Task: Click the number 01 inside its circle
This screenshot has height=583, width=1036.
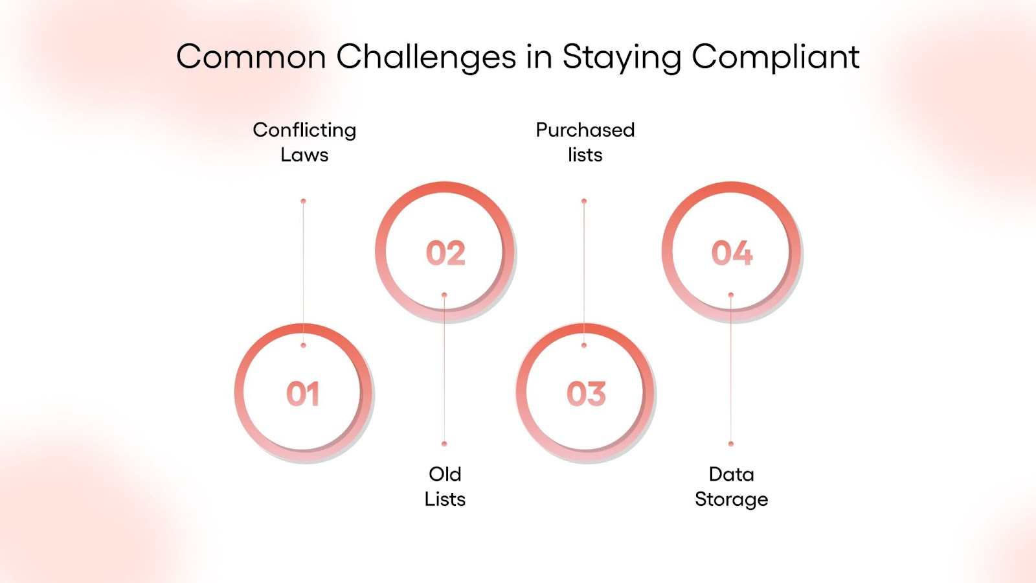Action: pyautogui.click(x=303, y=394)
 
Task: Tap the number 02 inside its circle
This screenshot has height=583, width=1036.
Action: pyautogui.click(x=445, y=253)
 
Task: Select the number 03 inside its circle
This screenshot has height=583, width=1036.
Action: pyautogui.click(x=586, y=394)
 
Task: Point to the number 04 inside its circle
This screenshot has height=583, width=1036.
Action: pyautogui.click(x=732, y=253)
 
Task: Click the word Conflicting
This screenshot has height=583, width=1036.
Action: pyautogui.click(x=304, y=130)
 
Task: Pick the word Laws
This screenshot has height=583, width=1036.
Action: pyautogui.click(x=304, y=155)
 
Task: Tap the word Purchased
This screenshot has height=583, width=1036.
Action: pyautogui.click(x=585, y=130)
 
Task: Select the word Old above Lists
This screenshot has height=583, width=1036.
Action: pyautogui.click(x=445, y=474)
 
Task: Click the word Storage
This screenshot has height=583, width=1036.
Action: pyautogui.click(x=731, y=499)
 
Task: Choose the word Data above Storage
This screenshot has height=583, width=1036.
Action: pyautogui.click(x=731, y=474)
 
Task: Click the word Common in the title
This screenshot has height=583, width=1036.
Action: pyautogui.click(x=251, y=57)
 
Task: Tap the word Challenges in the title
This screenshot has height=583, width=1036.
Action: pyautogui.click(x=426, y=57)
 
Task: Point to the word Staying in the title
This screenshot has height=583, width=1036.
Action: pyautogui.click(x=621, y=57)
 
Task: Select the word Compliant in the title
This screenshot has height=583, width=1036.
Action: pyautogui.click(x=775, y=57)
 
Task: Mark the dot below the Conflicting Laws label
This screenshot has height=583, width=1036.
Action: pyautogui.click(x=303, y=201)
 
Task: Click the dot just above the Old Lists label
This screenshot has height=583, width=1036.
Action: pyautogui.click(x=444, y=444)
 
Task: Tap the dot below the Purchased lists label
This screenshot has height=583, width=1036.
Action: pyautogui.click(x=584, y=201)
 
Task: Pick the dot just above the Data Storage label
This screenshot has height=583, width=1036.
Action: pyautogui.click(x=731, y=444)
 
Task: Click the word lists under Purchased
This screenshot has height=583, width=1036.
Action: pyautogui.click(x=585, y=155)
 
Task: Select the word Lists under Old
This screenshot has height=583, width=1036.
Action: pyautogui.click(x=445, y=499)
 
